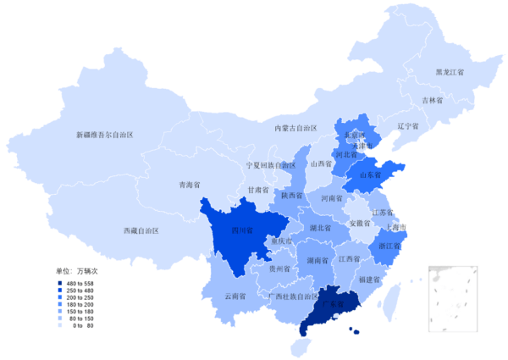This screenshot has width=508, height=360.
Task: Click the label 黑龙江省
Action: coord(450,72)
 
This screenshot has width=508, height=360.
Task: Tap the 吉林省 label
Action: coord(433,100)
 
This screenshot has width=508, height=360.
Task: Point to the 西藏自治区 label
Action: coord(141,230)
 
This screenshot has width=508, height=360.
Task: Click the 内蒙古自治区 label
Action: coord(295,128)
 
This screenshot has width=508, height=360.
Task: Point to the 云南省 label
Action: coord(236,297)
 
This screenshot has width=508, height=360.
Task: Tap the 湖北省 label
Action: coord(319,229)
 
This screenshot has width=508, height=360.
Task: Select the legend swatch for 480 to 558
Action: coord(60,284)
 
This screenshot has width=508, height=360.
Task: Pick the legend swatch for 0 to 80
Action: coord(60,325)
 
